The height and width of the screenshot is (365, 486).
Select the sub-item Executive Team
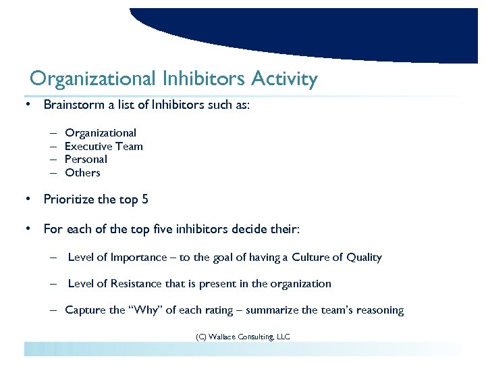point(103,146)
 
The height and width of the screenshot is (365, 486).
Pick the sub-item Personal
point(86,160)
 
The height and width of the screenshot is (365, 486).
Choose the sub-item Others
point(82,173)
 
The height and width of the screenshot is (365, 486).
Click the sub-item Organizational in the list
point(101,133)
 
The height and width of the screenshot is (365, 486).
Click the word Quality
point(364,258)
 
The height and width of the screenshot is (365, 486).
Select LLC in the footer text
point(283,336)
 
